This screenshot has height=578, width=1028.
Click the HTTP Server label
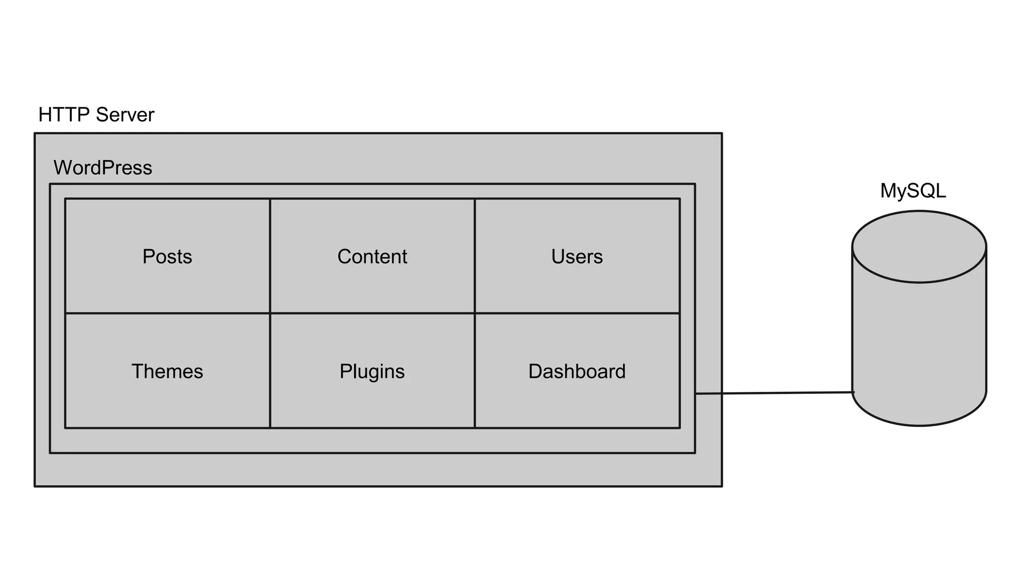[96, 115]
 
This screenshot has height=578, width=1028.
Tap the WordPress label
[102, 168]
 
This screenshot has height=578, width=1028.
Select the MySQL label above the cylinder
[913, 191]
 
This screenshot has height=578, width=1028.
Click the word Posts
[167, 256]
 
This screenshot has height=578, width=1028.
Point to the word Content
[372, 256]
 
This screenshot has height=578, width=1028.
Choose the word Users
[577, 256]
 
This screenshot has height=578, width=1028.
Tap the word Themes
[167, 371]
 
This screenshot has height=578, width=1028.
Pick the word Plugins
[372, 371]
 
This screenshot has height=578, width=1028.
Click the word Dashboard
[577, 371]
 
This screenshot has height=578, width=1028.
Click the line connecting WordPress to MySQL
[773, 393]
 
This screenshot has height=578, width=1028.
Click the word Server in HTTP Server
[125, 115]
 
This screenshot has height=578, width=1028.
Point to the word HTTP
[64, 115]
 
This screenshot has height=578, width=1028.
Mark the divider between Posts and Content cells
[270, 256]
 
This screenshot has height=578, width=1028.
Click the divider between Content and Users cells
[475, 256]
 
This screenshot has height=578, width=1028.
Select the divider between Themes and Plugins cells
[270, 371]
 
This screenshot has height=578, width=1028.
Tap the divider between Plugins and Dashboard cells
[475, 371]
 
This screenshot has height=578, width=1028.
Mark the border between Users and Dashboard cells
[577, 314]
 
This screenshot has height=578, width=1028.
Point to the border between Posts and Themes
[167, 314]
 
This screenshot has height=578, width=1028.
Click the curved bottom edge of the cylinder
[919, 425]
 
